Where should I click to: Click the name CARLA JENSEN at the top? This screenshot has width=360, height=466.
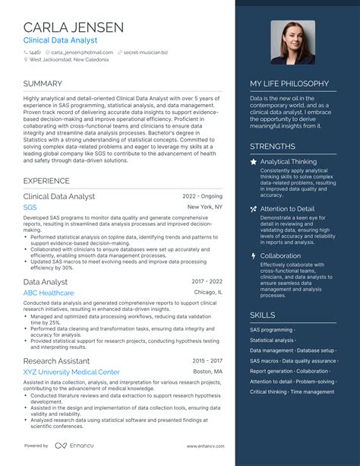(74, 27)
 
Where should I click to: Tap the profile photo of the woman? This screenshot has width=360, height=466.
(292, 42)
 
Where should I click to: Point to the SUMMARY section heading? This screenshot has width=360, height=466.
(43, 84)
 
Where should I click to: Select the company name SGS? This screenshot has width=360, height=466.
(30, 207)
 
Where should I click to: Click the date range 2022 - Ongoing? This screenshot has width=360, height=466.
(203, 196)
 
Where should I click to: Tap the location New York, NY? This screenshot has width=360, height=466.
(205, 207)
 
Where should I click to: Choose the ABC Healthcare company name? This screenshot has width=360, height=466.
(49, 293)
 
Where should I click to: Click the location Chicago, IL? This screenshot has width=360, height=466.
(208, 293)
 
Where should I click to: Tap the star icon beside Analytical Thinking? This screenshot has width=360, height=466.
(253, 162)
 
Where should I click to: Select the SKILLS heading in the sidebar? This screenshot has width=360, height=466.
(263, 315)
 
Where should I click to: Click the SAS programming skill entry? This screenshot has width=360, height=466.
(271, 330)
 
